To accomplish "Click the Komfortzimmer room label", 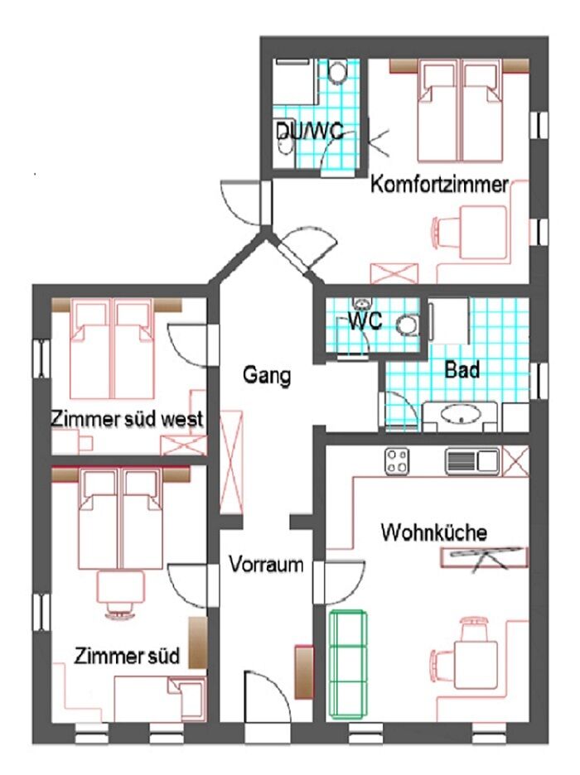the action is click(x=439, y=185).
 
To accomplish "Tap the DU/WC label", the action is click(x=310, y=132).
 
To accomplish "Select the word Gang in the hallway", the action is click(x=267, y=375).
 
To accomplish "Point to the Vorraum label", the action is click(x=266, y=564).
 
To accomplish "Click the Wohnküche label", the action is click(x=433, y=532).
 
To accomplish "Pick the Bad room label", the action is click(x=462, y=370).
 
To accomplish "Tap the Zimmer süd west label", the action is click(x=127, y=419).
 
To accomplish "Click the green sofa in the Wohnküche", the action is click(x=349, y=664).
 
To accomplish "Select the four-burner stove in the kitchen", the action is click(x=397, y=461).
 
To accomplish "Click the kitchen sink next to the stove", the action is click(x=472, y=461).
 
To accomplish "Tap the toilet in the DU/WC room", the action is click(x=338, y=72).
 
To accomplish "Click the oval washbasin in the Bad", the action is click(x=461, y=414).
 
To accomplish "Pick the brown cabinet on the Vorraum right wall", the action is click(x=304, y=672).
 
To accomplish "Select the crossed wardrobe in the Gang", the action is click(x=231, y=462).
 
